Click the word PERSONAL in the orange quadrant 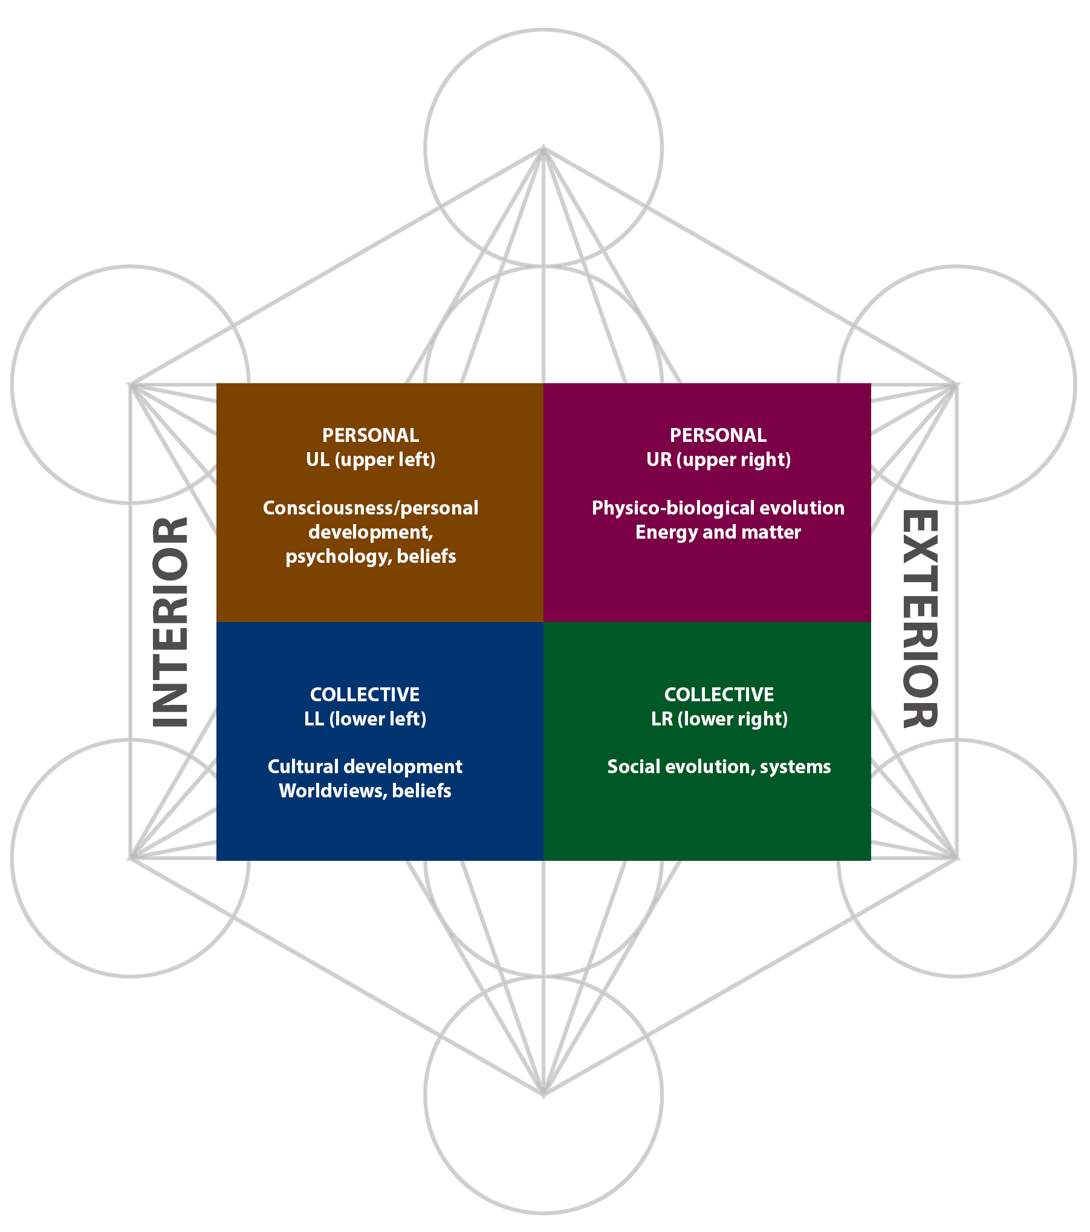point(371,435)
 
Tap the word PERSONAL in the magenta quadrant point(718,435)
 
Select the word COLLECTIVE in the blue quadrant point(365,695)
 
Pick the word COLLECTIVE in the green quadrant point(719,695)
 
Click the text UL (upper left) point(371,460)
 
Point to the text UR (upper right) point(718,460)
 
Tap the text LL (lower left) point(365,719)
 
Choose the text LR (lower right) point(719,719)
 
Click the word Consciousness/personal point(371,508)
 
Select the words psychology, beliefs point(371,556)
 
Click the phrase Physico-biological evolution point(718,508)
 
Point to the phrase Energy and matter point(718,532)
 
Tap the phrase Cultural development point(365,767)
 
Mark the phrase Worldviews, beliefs point(365,791)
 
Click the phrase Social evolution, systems point(719,767)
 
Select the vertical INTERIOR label point(169,617)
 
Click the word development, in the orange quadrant point(371,532)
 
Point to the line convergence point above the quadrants point(543,151)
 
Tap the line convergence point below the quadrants point(543,1091)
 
